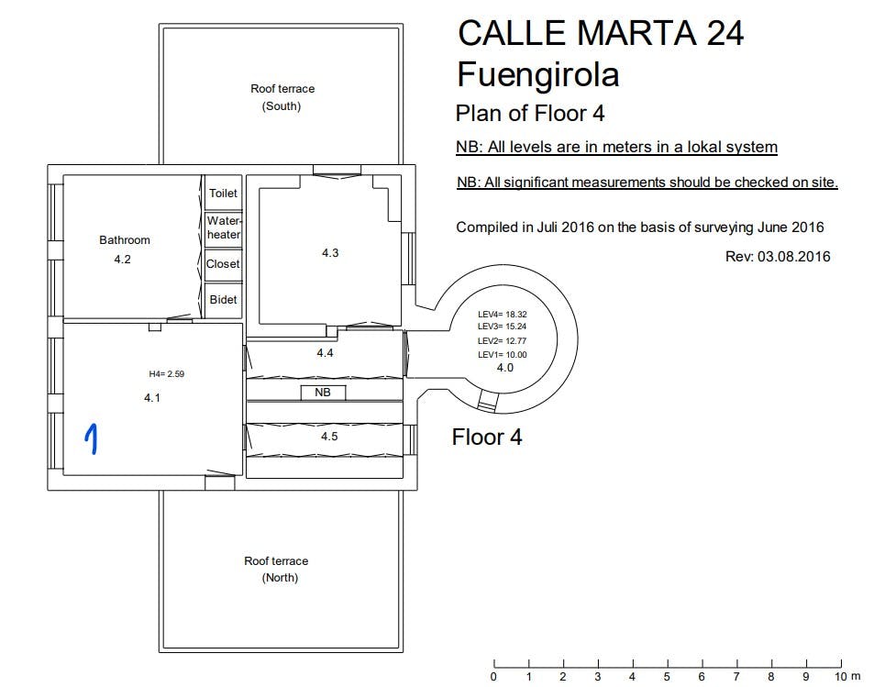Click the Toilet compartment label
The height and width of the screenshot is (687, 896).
(223, 194)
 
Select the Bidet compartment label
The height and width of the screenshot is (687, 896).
(223, 300)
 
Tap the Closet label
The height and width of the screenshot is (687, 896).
(223, 264)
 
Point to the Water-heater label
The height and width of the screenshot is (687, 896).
(224, 227)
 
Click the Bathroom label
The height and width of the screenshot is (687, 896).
(125, 240)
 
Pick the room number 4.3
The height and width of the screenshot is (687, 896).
(330, 252)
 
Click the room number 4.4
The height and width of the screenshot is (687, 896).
(326, 353)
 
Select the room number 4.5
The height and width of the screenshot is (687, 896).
(329, 437)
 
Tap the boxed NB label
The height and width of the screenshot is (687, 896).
(323, 393)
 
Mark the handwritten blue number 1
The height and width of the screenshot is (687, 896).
(92, 439)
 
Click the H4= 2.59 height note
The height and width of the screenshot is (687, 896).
(167, 374)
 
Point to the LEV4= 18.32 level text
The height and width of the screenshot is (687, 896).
(503, 315)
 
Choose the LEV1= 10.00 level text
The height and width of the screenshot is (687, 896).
(503, 355)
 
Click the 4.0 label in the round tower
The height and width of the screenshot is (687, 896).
(505, 368)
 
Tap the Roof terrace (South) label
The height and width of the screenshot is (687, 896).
(282, 97)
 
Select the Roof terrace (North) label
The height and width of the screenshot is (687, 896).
(277, 570)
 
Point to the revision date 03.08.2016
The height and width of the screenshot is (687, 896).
(793, 256)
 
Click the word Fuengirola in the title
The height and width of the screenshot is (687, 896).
(537, 75)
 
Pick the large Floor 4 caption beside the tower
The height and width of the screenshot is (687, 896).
(487, 438)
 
